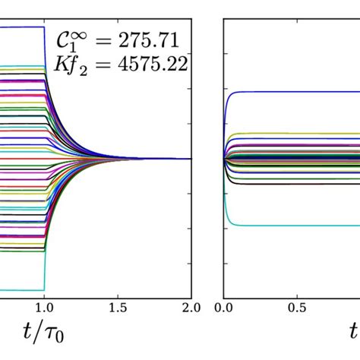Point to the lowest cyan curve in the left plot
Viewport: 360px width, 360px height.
[x=23, y=290]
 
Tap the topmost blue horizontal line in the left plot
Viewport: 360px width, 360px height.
[x=23, y=27]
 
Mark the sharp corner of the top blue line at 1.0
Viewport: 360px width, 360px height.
[x=44, y=28]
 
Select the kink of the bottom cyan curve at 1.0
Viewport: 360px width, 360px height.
[x=44, y=289]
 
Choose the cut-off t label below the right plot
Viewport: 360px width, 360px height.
[x=354, y=333]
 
